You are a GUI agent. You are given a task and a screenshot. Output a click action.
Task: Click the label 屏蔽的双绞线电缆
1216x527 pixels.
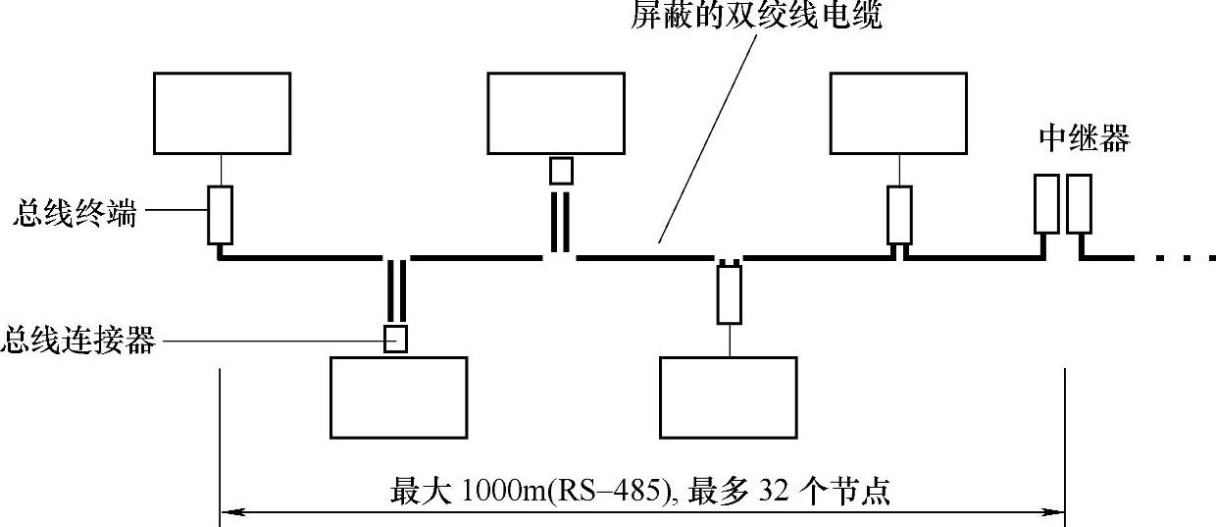click(755, 17)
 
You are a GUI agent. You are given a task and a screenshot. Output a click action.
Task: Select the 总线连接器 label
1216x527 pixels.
click(78, 341)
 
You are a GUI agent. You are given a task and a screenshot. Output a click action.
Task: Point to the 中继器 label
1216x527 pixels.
click(1084, 139)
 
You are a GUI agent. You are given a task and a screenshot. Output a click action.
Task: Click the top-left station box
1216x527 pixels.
click(222, 113)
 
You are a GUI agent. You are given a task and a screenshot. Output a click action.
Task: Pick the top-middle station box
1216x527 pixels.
click(555, 113)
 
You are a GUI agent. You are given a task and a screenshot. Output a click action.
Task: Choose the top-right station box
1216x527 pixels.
click(898, 113)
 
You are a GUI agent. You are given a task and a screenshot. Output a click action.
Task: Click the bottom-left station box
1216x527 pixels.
click(398, 396)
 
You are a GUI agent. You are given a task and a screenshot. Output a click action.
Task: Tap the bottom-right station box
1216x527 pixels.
click(728, 396)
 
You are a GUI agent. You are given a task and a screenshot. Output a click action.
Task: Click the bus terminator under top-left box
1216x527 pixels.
click(221, 214)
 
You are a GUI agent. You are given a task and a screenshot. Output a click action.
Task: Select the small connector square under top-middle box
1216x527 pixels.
click(560, 171)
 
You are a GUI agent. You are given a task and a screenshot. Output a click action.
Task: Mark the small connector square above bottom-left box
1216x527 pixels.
click(395, 339)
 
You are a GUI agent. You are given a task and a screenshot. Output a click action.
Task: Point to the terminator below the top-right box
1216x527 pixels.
click(899, 215)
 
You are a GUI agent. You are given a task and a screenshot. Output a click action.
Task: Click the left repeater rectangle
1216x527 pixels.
click(1046, 204)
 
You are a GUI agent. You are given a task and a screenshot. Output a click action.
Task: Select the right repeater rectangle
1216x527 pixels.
click(1079, 204)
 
